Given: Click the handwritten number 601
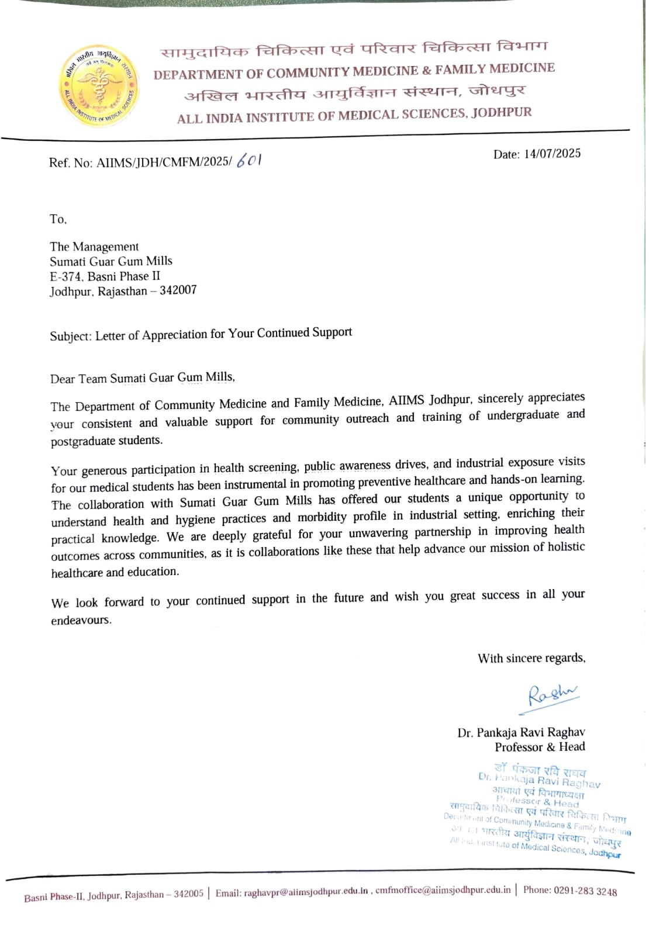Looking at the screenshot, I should click(x=249, y=160).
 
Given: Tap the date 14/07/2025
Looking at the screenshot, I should click(x=552, y=154).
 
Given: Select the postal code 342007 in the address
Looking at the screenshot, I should click(x=178, y=290).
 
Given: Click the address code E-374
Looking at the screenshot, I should click(x=65, y=276).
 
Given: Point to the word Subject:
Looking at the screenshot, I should click(x=70, y=337).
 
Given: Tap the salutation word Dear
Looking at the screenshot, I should click(x=63, y=379).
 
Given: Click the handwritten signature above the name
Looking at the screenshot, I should click(x=550, y=695).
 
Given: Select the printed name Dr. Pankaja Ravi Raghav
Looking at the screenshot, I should click(x=521, y=732).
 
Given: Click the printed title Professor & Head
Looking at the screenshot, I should click(x=540, y=747).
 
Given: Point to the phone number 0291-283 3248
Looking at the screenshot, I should click(x=585, y=891).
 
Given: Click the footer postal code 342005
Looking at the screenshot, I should click(x=188, y=894).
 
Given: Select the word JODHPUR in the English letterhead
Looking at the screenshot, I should click(x=502, y=113).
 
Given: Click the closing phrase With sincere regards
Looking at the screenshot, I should click(x=531, y=659).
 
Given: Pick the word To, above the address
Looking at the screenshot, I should click(x=58, y=219).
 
